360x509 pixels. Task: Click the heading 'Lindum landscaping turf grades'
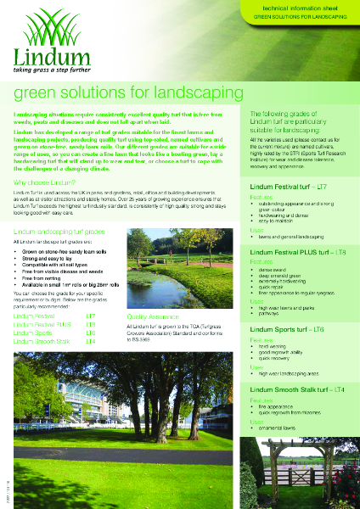pos(59,231)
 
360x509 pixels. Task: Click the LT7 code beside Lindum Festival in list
pos(91,316)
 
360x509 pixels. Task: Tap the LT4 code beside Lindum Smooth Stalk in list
pos(91,341)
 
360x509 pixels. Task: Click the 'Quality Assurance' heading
pos(153,316)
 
